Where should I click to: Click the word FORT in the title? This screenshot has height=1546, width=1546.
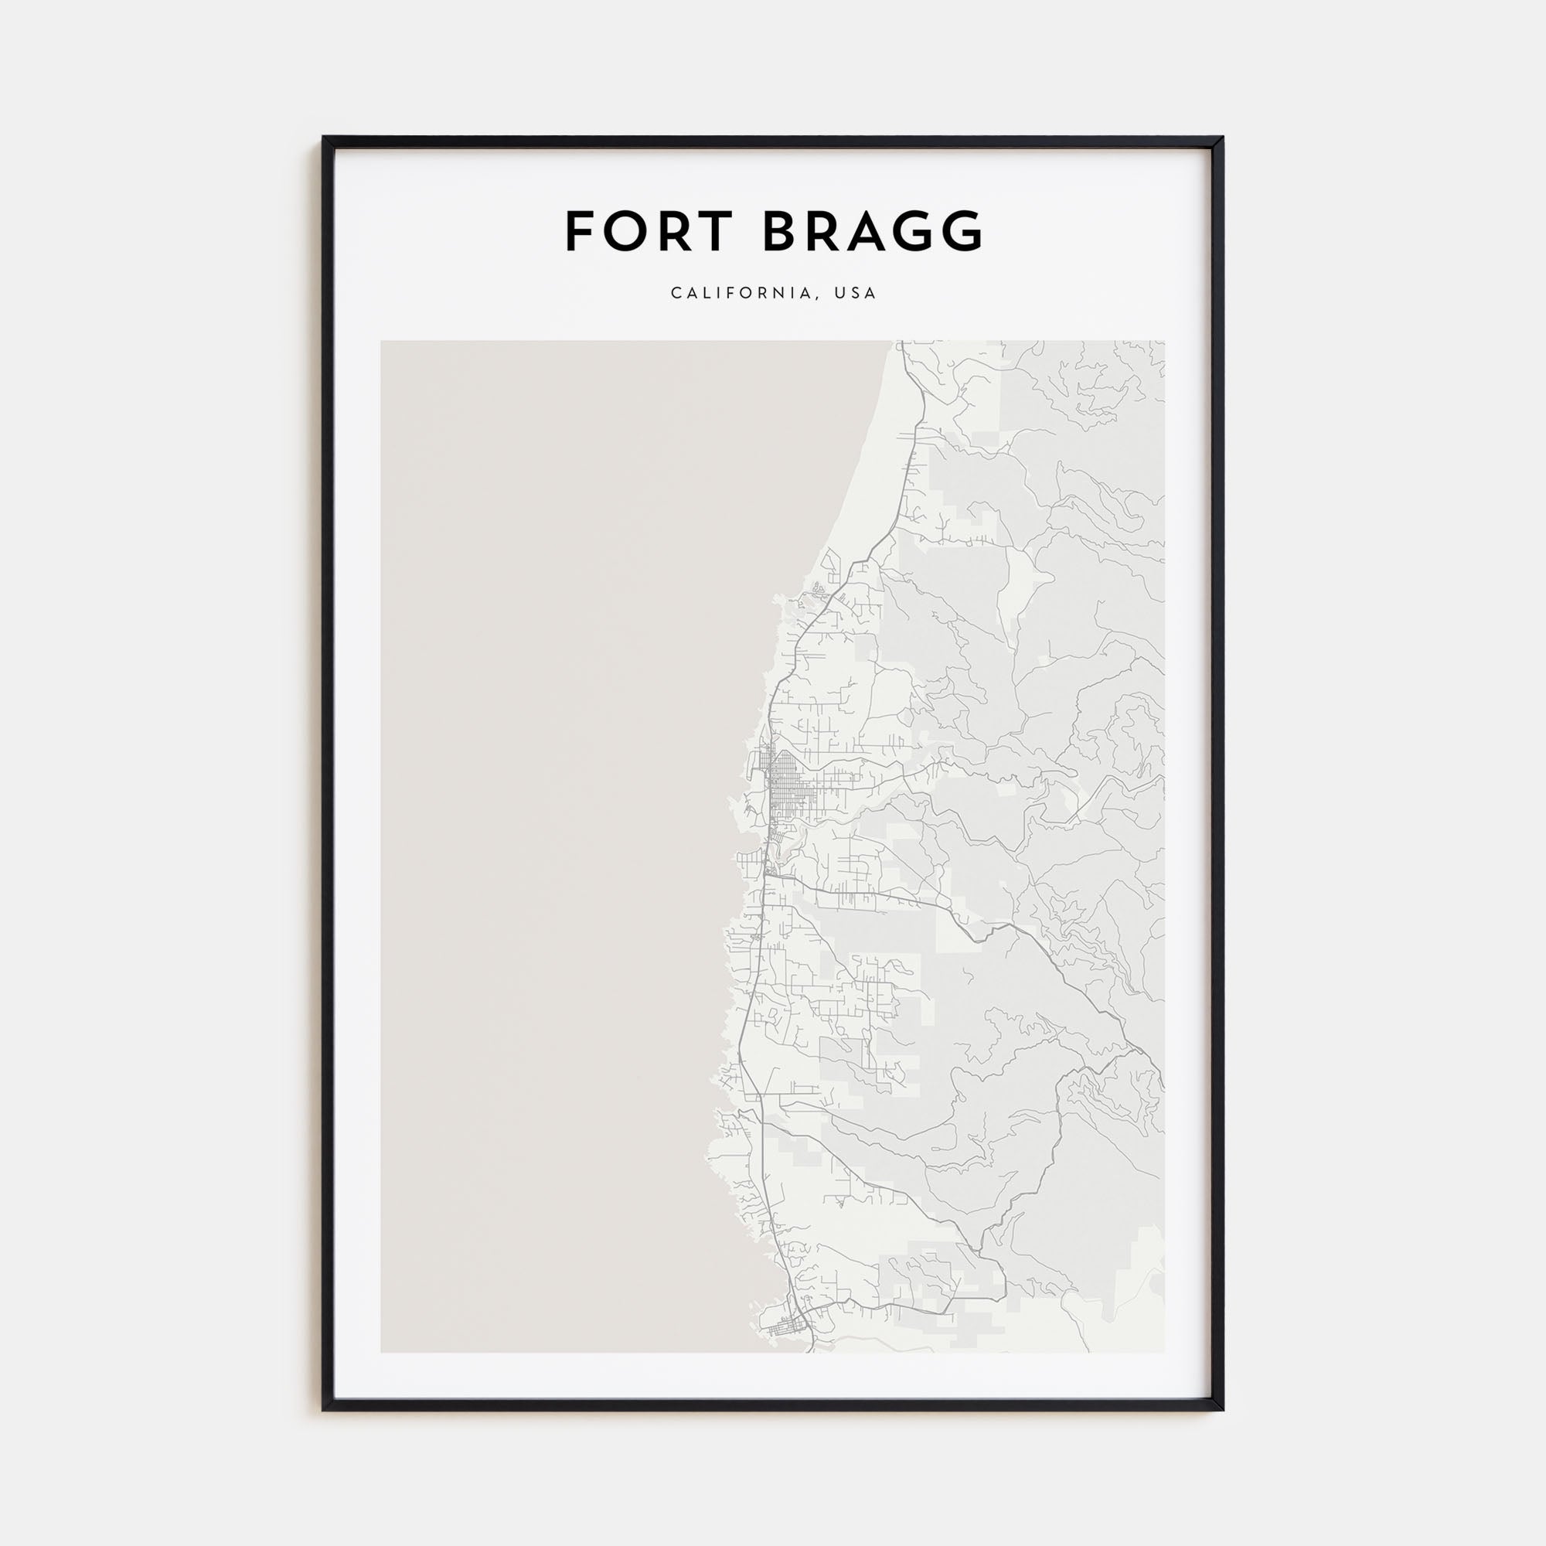(x=649, y=232)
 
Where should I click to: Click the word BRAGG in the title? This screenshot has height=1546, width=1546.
(x=872, y=232)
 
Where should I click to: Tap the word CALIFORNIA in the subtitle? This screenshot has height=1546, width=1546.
(x=743, y=294)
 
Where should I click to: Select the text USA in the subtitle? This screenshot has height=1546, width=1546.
(x=856, y=294)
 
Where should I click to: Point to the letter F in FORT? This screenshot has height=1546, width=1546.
(x=579, y=232)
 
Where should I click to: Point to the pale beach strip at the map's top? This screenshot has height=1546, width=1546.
(x=877, y=448)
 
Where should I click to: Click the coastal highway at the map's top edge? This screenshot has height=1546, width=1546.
(x=902, y=346)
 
